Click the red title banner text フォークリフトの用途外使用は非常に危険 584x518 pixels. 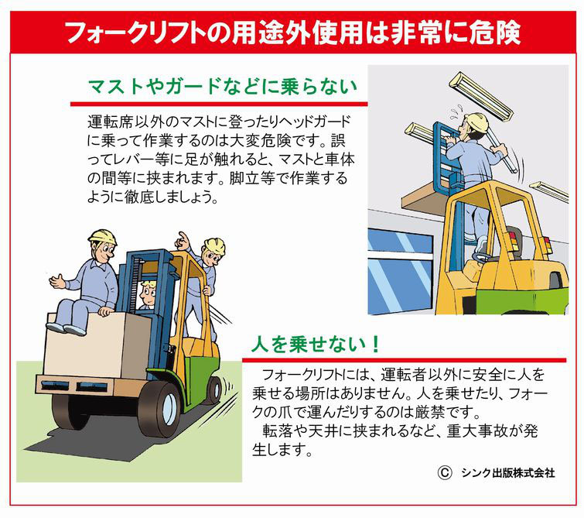(x=293, y=33)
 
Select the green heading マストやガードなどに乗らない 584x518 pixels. (x=223, y=86)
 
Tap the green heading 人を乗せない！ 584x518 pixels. (x=316, y=344)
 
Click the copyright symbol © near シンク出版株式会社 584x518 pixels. (x=445, y=472)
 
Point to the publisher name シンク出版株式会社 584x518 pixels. (x=508, y=473)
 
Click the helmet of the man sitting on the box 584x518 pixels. (x=102, y=236)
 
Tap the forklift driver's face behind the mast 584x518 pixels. (x=148, y=293)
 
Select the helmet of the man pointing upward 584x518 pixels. (x=215, y=245)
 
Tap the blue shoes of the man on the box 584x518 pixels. (x=67, y=328)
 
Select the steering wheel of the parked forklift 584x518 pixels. (x=482, y=257)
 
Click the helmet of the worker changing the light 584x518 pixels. (x=476, y=121)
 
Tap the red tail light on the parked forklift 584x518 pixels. (x=511, y=238)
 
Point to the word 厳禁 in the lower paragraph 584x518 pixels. (x=429, y=412)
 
